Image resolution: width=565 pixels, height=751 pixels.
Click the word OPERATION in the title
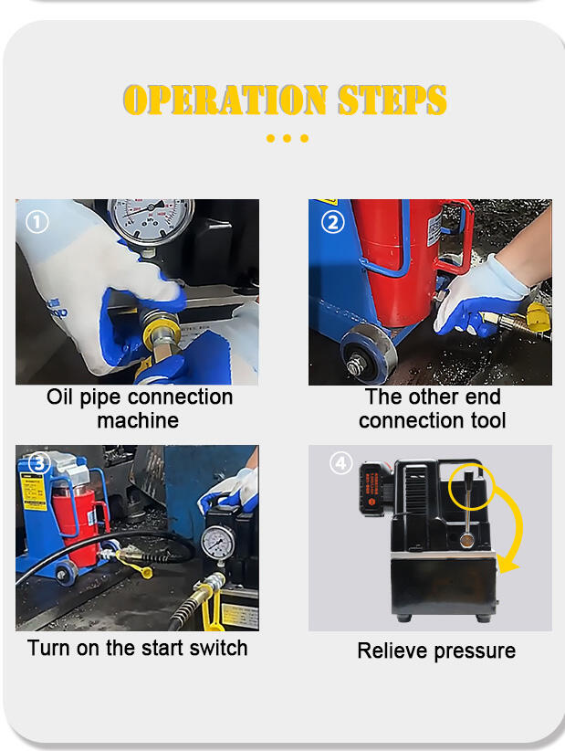[x=225, y=100]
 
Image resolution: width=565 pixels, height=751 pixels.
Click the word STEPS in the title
[x=392, y=100]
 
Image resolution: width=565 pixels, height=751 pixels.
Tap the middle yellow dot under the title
[x=287, y=139]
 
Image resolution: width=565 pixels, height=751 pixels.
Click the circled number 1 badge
[x=37, y=222]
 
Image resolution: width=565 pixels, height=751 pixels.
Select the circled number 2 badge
[x=333, y=222]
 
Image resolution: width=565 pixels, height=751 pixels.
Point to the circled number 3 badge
[x=40, y=463]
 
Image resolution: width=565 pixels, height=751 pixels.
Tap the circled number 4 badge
[x=340, y=463]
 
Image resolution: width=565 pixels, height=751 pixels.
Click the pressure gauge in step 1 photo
[x=152, y=220]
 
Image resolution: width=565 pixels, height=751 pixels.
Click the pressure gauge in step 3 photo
[x=218, y=543]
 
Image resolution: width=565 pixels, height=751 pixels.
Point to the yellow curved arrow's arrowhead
[x=507, y=565]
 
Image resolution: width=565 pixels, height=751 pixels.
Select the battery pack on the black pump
[x=374, y=489]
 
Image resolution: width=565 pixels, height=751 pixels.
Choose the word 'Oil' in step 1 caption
[x=60, y=397]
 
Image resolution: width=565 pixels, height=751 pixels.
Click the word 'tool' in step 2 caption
[x=488, y=420]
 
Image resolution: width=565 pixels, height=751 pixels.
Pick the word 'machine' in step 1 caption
[x=138, y=420]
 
